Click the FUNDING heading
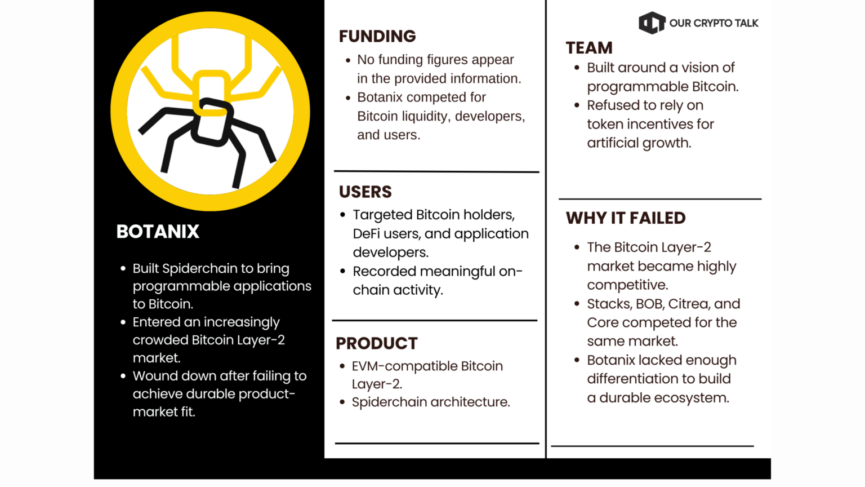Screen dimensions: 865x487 [377, 36]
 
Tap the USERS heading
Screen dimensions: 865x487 [365, 192]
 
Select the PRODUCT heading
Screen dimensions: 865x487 [377, 343]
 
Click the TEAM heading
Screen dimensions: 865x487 [589, 48]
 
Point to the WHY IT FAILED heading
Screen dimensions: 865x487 [626, 218]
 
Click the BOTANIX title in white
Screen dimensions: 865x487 [158, 232]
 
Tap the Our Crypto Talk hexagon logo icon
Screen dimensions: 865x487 [652, 23]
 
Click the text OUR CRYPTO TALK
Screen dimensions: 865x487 [714, 23]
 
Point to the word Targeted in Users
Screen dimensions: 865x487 [383, 215]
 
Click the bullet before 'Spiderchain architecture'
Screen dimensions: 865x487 [342, 402]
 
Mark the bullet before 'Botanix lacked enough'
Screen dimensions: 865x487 [577, 360]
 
